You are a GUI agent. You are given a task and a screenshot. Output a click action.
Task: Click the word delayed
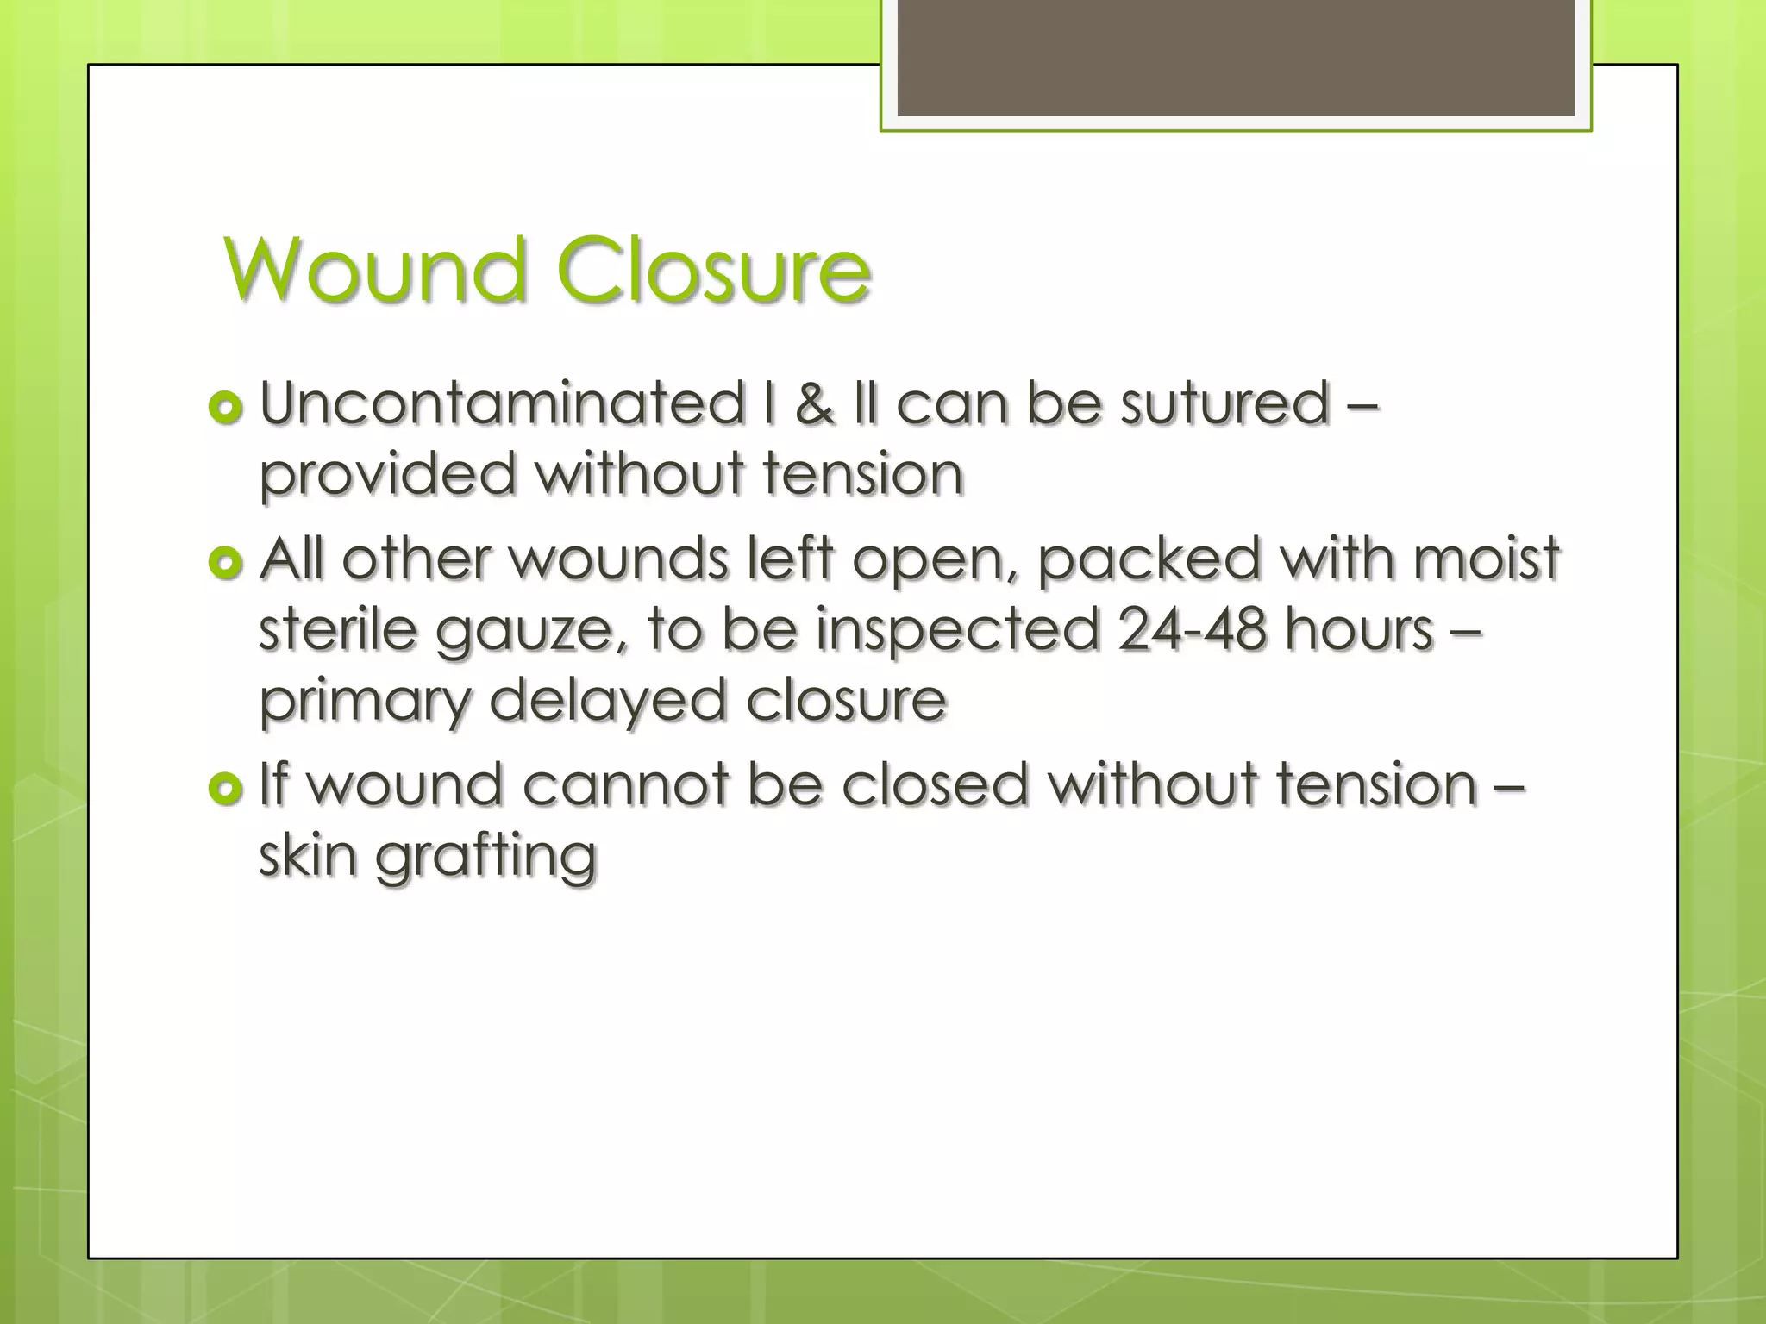(607, 700)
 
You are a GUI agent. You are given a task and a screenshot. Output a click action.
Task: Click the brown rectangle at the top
(1235, 58)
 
